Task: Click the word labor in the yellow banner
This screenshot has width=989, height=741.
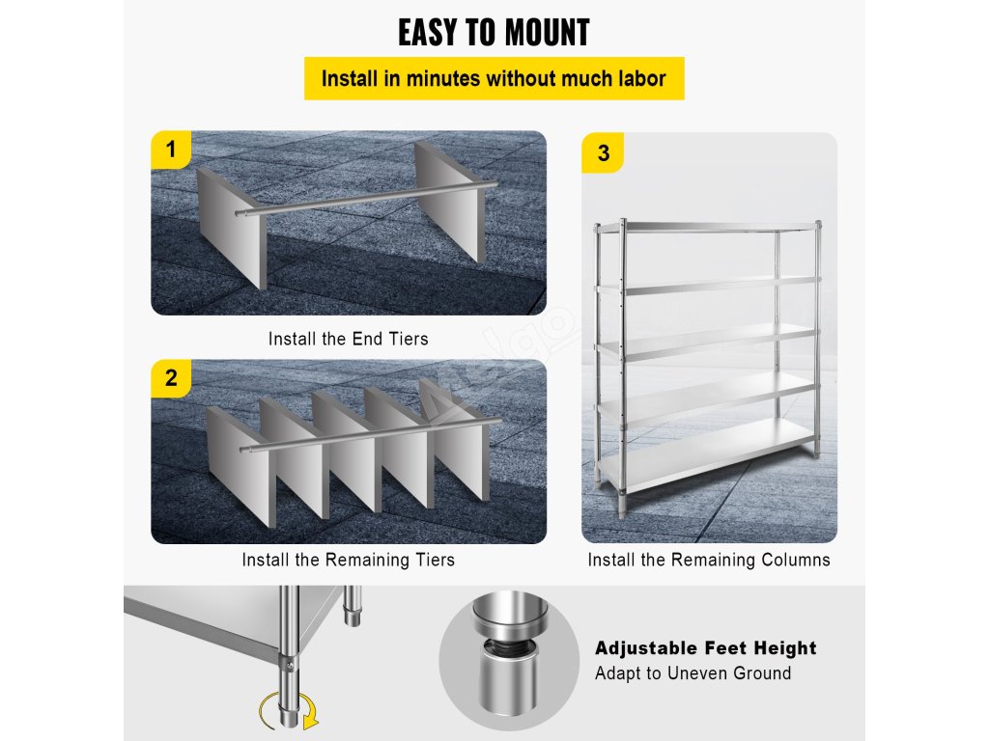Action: (x=642, y=79)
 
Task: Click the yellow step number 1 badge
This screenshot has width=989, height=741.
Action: (x=170, y=150)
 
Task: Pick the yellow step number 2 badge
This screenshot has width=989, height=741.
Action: (x=170, y=378)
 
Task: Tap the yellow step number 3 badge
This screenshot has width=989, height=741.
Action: (x=603, y=152)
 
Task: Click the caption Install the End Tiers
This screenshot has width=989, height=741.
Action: (x=348, y=339)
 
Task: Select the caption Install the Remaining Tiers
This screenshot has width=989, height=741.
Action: (x=348, y=560)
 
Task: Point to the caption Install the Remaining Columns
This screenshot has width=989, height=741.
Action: (x=709, y=560)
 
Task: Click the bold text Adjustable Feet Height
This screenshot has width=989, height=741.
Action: (x=706, y=647)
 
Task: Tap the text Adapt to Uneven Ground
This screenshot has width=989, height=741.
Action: (x=692, y=672)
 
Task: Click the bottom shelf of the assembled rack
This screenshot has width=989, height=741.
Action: (x=706, y=453)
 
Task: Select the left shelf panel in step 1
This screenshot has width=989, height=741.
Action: (x=232, y=227)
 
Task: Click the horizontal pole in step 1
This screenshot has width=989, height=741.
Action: (x=367, y=199)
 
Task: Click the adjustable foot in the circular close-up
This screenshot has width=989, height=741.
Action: (x=509, y=655)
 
